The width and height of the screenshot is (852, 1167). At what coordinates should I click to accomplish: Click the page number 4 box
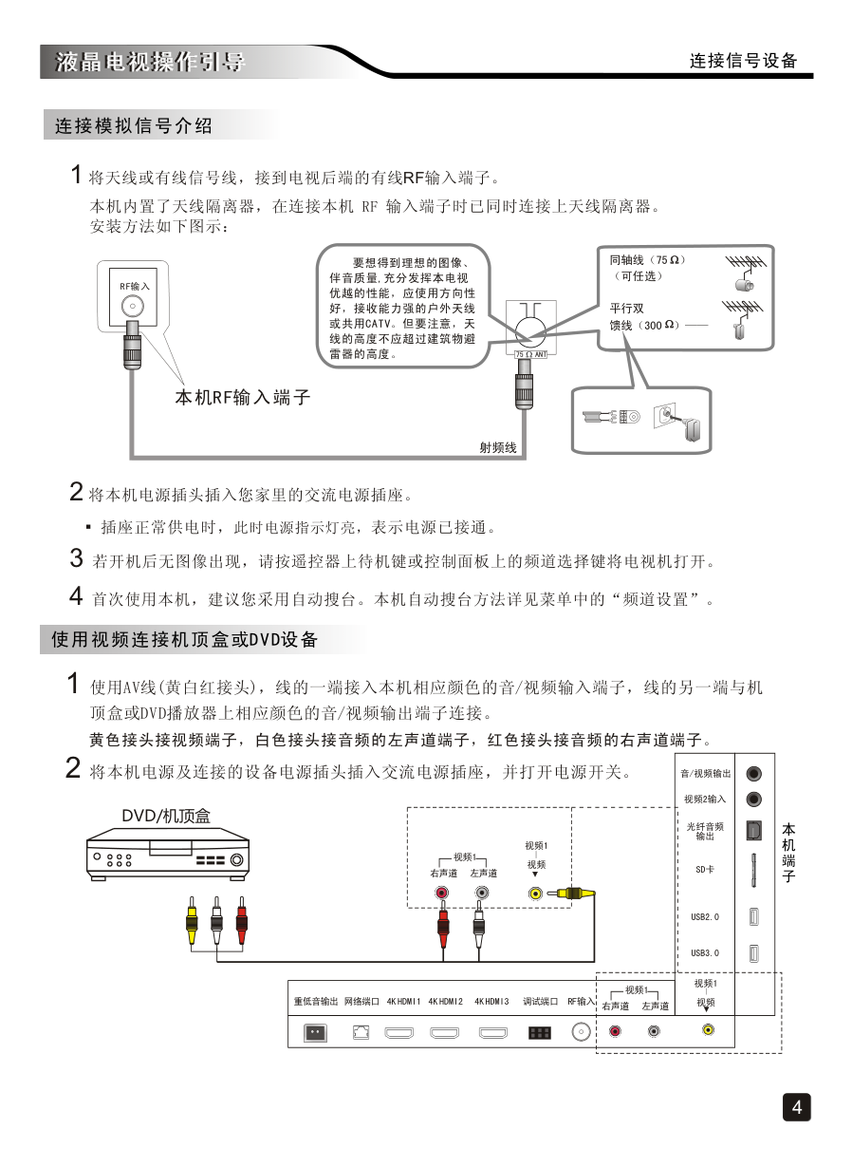pyautogui.click(x=797, y=1107)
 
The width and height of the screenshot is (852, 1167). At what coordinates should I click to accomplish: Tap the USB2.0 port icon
pyautogui.click(x=753, y=916)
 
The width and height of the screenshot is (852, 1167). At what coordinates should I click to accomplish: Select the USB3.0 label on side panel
pyautogui.click(x=705, y=952)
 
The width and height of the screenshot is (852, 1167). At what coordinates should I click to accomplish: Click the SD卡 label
pyautogui.click(x=705, y=869)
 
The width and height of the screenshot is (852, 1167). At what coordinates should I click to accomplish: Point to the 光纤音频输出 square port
pyautogui.click(x=753, y=829)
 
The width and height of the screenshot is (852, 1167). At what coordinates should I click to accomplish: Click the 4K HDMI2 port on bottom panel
pyautogui.click(x=444, y=1032)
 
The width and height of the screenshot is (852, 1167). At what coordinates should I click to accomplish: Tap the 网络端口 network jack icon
pyautogui.click(x=361, y=1032)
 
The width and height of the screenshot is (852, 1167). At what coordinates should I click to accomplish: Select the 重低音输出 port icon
pyautogui.click(x=314, y=1032)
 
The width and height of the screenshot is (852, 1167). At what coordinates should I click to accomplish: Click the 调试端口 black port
pyautogui.click(x=539, y=1032)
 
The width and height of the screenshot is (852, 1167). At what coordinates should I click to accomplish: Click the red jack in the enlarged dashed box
pyautogui.click(x=441, y=893)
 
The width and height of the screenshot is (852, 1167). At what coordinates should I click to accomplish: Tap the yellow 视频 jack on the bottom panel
pyautogui.click(x=708, y=1029)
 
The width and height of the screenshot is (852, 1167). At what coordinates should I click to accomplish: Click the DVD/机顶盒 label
pyautogui.click(x=166, y=816)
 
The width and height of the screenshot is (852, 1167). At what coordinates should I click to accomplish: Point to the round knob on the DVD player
pyautogui.click(x=236, y=860)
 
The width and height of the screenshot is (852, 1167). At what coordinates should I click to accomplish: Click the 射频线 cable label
pyautogui.click(x=497, y=447)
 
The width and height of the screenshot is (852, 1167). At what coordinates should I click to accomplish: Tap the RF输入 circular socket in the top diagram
pyautogui.click(x=133, y=306)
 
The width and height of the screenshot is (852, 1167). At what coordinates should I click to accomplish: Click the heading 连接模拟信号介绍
pyautogui.click(x=134, y=125)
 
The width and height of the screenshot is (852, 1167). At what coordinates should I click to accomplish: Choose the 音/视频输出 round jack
pyautogui.click(x=754, y=774)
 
